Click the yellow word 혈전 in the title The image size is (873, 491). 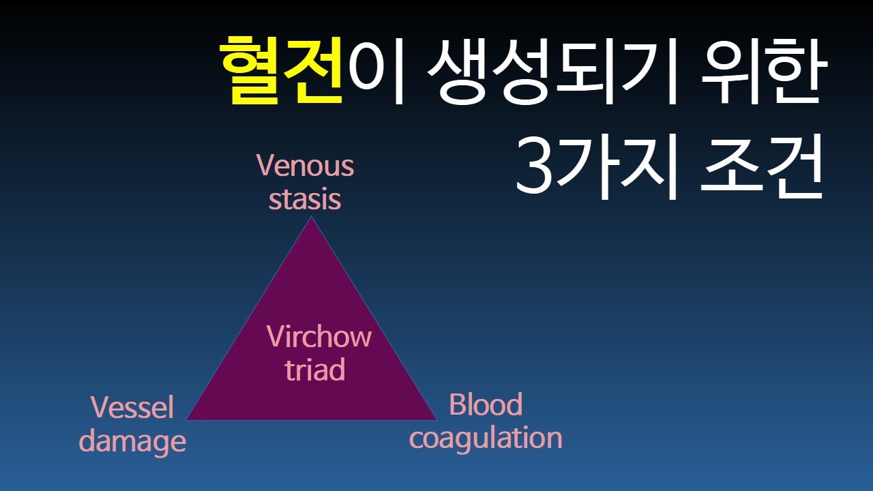point(280,71)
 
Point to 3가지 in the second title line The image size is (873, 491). point(595,166)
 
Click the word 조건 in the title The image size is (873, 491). point(763,166)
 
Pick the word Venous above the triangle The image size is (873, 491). point(306,166)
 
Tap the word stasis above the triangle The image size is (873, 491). point(305,199)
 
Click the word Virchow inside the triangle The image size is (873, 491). point(319,336)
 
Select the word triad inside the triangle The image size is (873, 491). point(315,370)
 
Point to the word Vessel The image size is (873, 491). point(133,408)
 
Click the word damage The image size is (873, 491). point(132,441)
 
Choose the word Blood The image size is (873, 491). point(486,405)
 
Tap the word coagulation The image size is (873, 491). point(486,438)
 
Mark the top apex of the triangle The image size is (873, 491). point(312,218)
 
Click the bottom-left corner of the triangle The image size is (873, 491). point(187,419)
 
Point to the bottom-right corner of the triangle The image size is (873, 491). point(436,419)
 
